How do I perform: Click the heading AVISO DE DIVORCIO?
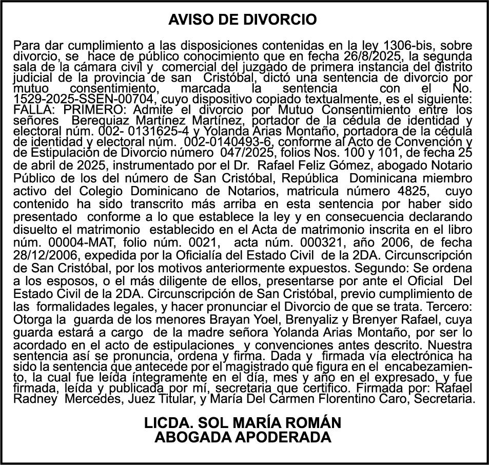243,20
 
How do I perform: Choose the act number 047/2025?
243,153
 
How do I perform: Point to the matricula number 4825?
411,191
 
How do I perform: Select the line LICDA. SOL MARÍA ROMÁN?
243,423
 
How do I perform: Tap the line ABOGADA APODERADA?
243,437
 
